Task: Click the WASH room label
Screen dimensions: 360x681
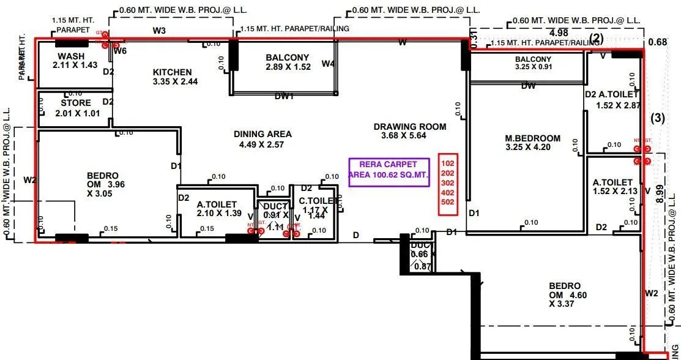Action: point(71,56)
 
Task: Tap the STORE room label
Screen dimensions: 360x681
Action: point(76,103)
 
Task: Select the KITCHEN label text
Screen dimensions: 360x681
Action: point(172,72)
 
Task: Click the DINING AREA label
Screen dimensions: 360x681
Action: point(262,134)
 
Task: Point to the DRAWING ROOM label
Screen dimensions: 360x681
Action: point(410,127)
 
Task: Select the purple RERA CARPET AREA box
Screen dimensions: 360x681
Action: point(389,170)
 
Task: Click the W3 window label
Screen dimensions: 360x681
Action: point(159,29)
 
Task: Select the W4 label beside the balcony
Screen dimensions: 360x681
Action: point(329,64)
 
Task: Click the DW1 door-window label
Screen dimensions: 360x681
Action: point(285,96)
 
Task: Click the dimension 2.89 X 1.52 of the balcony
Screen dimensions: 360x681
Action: point(287,67)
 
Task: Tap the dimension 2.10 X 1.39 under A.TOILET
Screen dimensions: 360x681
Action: point(218,214)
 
